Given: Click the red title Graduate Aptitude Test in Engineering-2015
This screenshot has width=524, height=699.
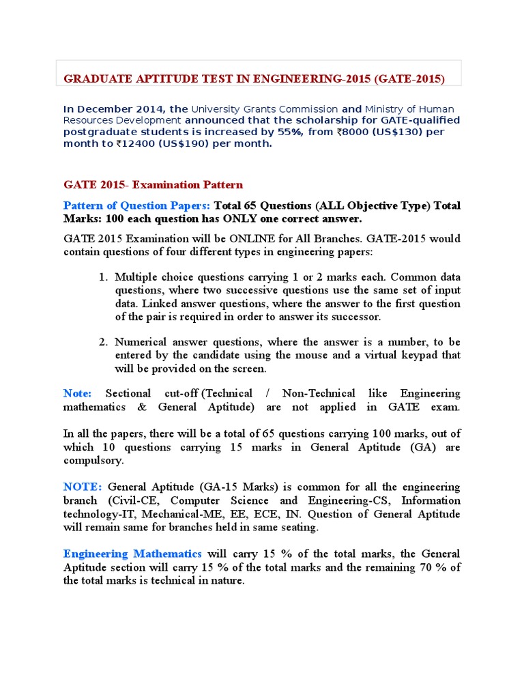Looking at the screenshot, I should (254, 79).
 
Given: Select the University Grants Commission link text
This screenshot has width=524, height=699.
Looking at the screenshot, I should (264, 109).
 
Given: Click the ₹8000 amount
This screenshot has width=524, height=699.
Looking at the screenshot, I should (352, 132).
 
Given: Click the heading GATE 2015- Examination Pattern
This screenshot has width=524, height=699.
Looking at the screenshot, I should (153, 185).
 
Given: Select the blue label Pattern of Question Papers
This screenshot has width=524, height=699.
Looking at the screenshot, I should (136, 206).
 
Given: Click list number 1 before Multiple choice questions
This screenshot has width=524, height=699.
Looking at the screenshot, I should (103, 278).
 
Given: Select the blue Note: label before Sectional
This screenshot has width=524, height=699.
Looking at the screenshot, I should (77, 394).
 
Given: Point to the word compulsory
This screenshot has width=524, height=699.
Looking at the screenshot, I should (93, 461).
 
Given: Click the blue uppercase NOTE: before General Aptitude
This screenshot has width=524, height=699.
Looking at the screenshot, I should (82, 487).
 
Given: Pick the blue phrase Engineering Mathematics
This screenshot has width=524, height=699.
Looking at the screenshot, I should (132, 554).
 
